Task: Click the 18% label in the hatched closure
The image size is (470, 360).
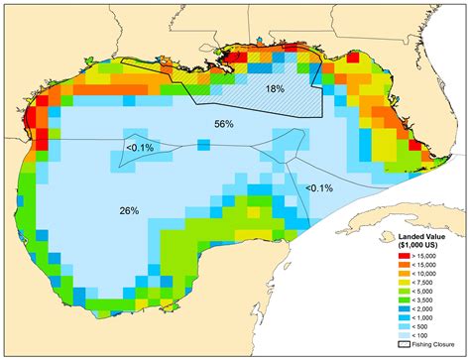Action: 275,89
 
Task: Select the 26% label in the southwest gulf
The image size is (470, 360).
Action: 128,210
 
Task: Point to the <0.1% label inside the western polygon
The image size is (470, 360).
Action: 140,148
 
